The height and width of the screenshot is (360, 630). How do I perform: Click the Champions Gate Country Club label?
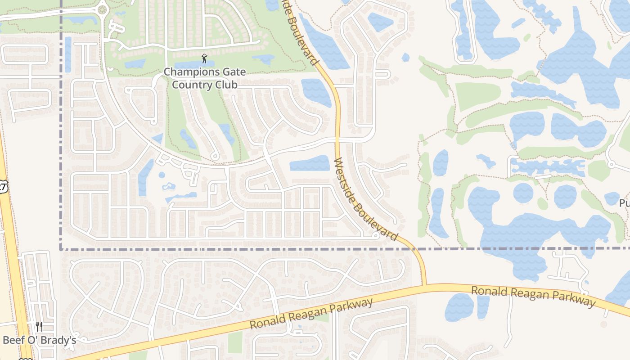205,78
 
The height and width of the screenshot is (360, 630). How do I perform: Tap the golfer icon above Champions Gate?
205,58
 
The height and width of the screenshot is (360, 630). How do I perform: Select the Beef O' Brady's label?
40,340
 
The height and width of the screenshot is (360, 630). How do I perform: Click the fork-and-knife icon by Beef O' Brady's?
39,326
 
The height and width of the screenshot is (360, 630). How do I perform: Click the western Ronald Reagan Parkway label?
311,314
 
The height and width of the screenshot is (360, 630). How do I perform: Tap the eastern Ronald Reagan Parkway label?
533,297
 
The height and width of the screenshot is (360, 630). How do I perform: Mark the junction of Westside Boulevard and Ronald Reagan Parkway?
424,285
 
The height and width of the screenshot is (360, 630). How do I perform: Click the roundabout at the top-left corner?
102,9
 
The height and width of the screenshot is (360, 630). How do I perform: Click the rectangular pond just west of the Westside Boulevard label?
310,163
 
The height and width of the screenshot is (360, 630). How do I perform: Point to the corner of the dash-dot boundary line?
61,248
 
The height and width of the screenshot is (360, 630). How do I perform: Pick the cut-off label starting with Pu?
624,202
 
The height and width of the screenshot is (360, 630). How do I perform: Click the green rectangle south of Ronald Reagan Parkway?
235,342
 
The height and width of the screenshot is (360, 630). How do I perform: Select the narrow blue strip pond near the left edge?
68,54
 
